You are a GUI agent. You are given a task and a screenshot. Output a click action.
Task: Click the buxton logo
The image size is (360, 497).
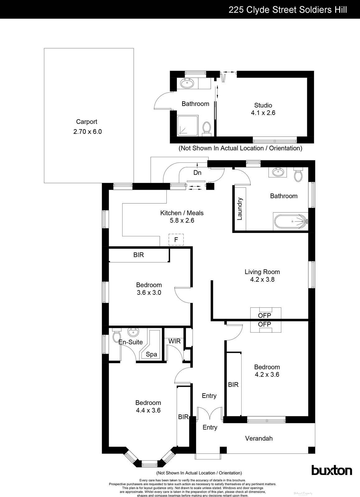332,470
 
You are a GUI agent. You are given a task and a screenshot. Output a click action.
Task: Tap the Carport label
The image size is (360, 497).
86,122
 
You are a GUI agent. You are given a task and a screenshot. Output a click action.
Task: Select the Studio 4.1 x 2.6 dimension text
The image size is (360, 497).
263,113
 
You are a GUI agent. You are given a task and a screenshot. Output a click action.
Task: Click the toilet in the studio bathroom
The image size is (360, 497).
206,127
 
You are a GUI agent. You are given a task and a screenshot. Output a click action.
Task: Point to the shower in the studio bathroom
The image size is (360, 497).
187,125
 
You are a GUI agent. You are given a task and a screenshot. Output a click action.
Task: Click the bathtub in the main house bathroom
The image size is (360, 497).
291,221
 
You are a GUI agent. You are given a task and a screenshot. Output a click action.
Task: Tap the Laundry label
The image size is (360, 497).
240,209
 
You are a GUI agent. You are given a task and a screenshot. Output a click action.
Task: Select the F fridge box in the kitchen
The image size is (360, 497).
176,239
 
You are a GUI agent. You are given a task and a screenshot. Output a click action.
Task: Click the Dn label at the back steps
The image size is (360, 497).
197,173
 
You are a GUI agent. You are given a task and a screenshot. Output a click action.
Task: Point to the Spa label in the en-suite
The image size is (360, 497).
151,354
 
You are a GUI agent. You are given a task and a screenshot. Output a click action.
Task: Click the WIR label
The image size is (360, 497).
174,341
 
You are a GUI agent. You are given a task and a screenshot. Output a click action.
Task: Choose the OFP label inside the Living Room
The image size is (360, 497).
265,315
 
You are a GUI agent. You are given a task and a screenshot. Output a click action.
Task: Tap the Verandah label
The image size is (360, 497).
259,438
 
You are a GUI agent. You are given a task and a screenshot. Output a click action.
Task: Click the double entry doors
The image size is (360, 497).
210,413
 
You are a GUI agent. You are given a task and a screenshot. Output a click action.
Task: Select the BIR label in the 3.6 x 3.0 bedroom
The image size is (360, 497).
139,255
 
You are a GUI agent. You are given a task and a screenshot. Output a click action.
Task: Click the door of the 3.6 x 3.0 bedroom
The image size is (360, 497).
181,294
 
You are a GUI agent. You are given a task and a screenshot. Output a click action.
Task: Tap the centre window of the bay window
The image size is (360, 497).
149,465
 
